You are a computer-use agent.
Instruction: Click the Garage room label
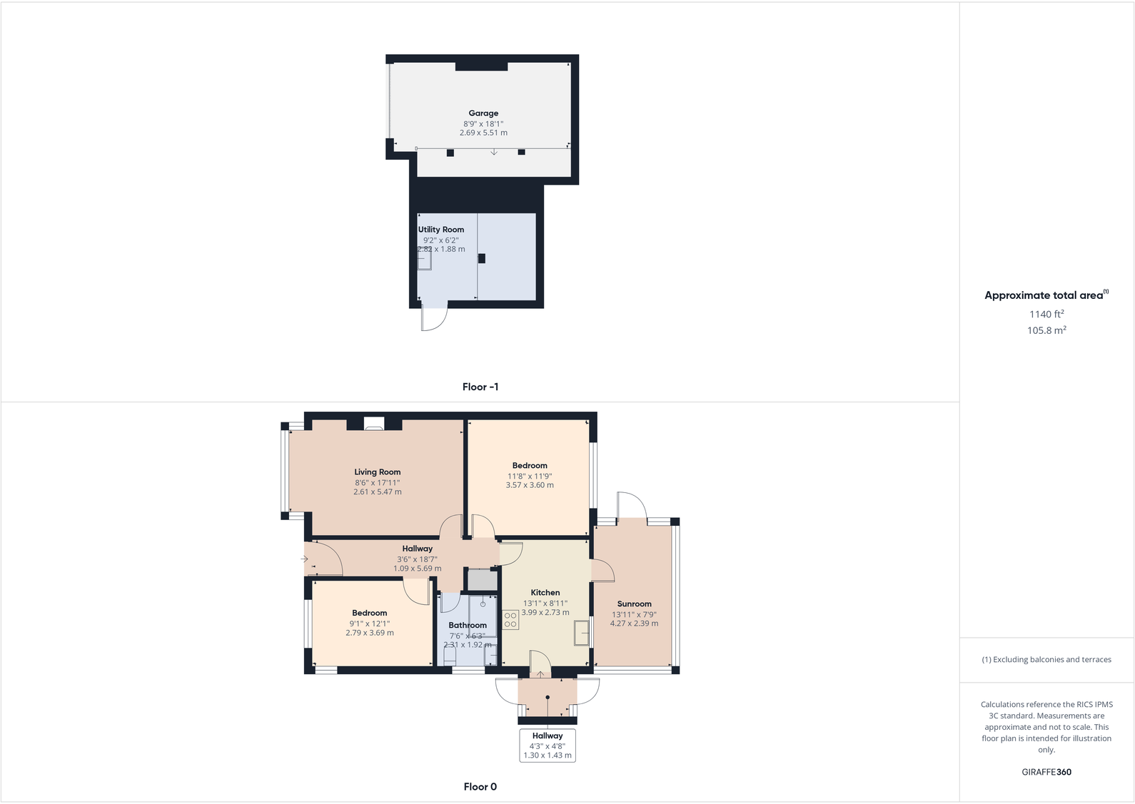(483, 113)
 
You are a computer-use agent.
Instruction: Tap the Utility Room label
(441, 230)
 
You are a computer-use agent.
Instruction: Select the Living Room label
(378, 472)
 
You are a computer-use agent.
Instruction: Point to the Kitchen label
(545, 593)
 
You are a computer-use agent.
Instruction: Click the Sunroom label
(634, 604)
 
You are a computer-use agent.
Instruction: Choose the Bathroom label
(468, 626)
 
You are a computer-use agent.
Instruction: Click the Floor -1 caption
(480, 387)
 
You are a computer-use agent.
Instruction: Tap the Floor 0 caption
(480, 787)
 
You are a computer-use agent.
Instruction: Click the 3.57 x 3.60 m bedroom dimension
(530, 485)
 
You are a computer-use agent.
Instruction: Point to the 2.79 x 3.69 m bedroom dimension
(370, 633)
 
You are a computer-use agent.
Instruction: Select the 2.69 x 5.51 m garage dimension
(483, 133)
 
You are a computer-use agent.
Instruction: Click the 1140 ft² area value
(1046, 314)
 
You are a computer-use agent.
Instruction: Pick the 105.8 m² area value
(1046, 330)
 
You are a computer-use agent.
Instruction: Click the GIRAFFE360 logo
(1046, 772)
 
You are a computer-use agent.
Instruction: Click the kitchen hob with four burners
(510, 620)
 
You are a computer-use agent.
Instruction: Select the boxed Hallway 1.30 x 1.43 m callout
(548, 746)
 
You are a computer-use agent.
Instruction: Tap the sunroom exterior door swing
(632, 505)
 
